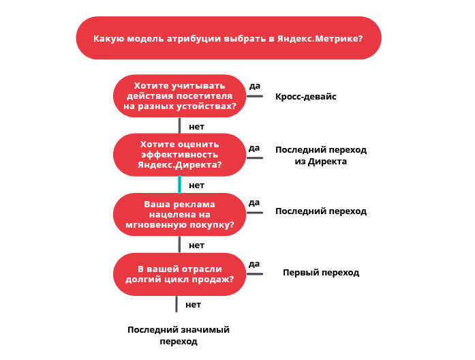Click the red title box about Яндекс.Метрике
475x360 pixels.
pos(228,38)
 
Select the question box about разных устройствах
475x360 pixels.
pos(179,95)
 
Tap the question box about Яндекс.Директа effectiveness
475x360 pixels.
pos(179,155)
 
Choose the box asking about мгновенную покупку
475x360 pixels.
pos(179,214)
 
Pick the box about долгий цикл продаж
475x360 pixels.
pos(179,274)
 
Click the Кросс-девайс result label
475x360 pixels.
pos(306,97)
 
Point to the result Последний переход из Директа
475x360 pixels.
pos(321,155)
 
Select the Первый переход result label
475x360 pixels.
pos(321,273)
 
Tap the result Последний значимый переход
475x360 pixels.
pos(179,335)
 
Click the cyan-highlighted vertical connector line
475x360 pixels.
pos(180,185)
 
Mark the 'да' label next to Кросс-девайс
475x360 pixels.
pos(255,86)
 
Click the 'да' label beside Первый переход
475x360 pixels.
pos(254,264)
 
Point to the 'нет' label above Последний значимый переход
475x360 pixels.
pos(194,305)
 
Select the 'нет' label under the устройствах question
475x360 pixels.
pos(196,127)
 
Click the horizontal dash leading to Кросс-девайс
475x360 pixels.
pos(255,96)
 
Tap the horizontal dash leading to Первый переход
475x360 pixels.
pos(255,274)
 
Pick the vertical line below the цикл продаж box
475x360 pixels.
pos(177,304)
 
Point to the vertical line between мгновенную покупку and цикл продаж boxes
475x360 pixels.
pos(180,244)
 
